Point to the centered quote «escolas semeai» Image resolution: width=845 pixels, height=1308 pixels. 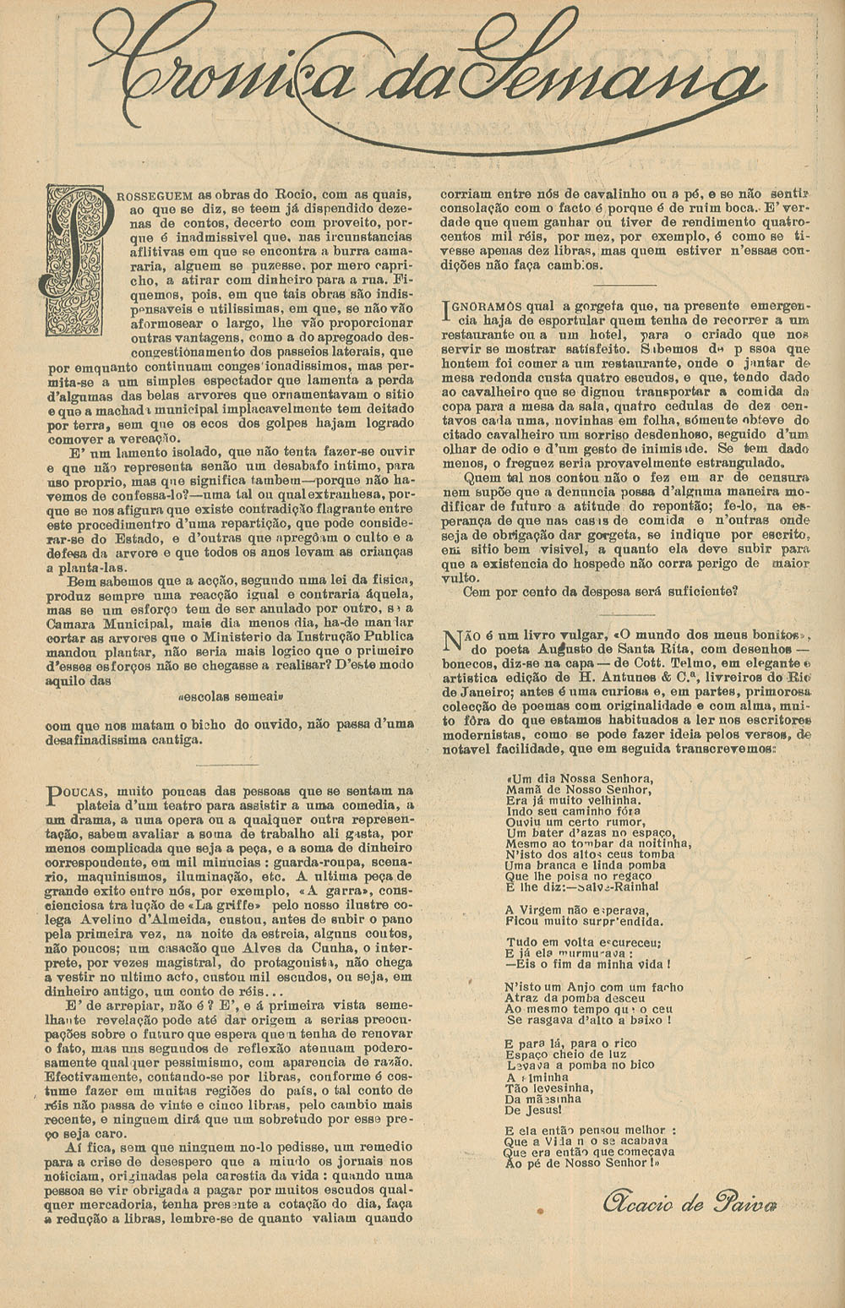(230, 698)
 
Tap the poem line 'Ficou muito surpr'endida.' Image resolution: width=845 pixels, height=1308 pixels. (584, 922)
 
